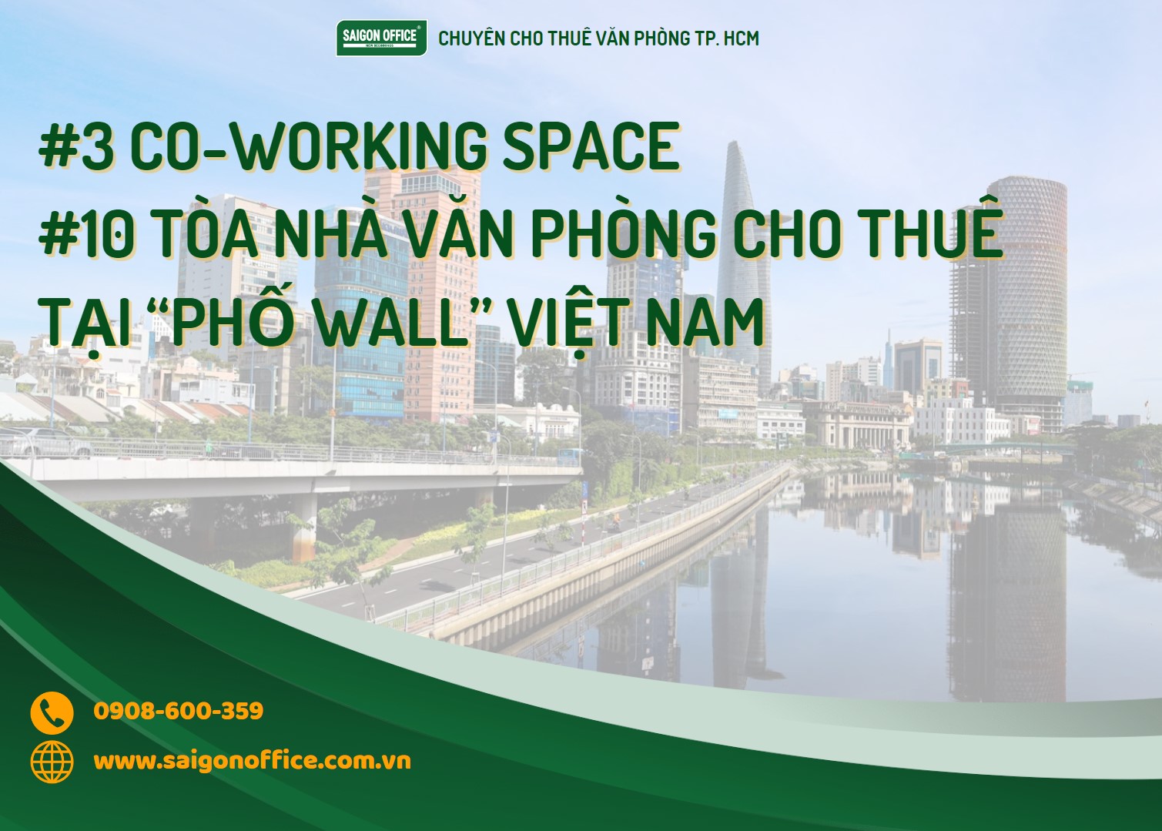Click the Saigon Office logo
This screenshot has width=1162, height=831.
(x=381, y=38)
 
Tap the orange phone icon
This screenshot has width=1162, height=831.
(x=52, y=712)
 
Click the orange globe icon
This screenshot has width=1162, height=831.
(x=52, y=762)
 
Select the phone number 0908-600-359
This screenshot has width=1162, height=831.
(x=179, y=711)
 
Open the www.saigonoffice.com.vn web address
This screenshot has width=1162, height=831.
(x=252, y=762)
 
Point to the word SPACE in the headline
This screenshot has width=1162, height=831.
(x=591, y=146)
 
